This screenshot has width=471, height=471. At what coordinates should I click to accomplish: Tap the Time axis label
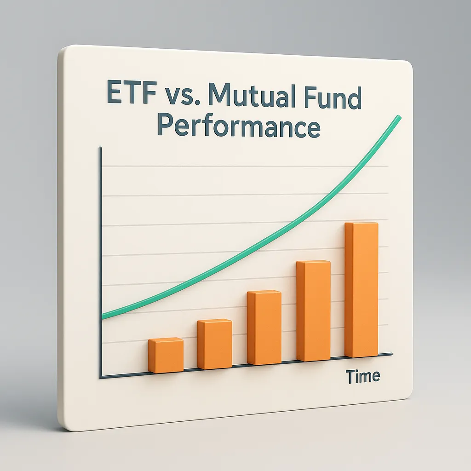pos(363,376)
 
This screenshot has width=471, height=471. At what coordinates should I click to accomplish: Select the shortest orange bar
pos(166,356)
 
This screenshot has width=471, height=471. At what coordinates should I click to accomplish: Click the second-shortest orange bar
pos(214,345)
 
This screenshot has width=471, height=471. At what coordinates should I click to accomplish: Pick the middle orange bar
pos(264,327)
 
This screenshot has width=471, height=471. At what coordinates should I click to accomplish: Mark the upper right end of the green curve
pos(398,118)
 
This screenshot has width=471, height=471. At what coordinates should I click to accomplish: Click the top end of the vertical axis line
pos(100,148)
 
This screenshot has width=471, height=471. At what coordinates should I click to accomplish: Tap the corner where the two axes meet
pos(100,378)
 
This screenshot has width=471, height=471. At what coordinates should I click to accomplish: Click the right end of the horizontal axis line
pos(392,354)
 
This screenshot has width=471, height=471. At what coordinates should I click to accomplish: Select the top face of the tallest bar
pos(362,224)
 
